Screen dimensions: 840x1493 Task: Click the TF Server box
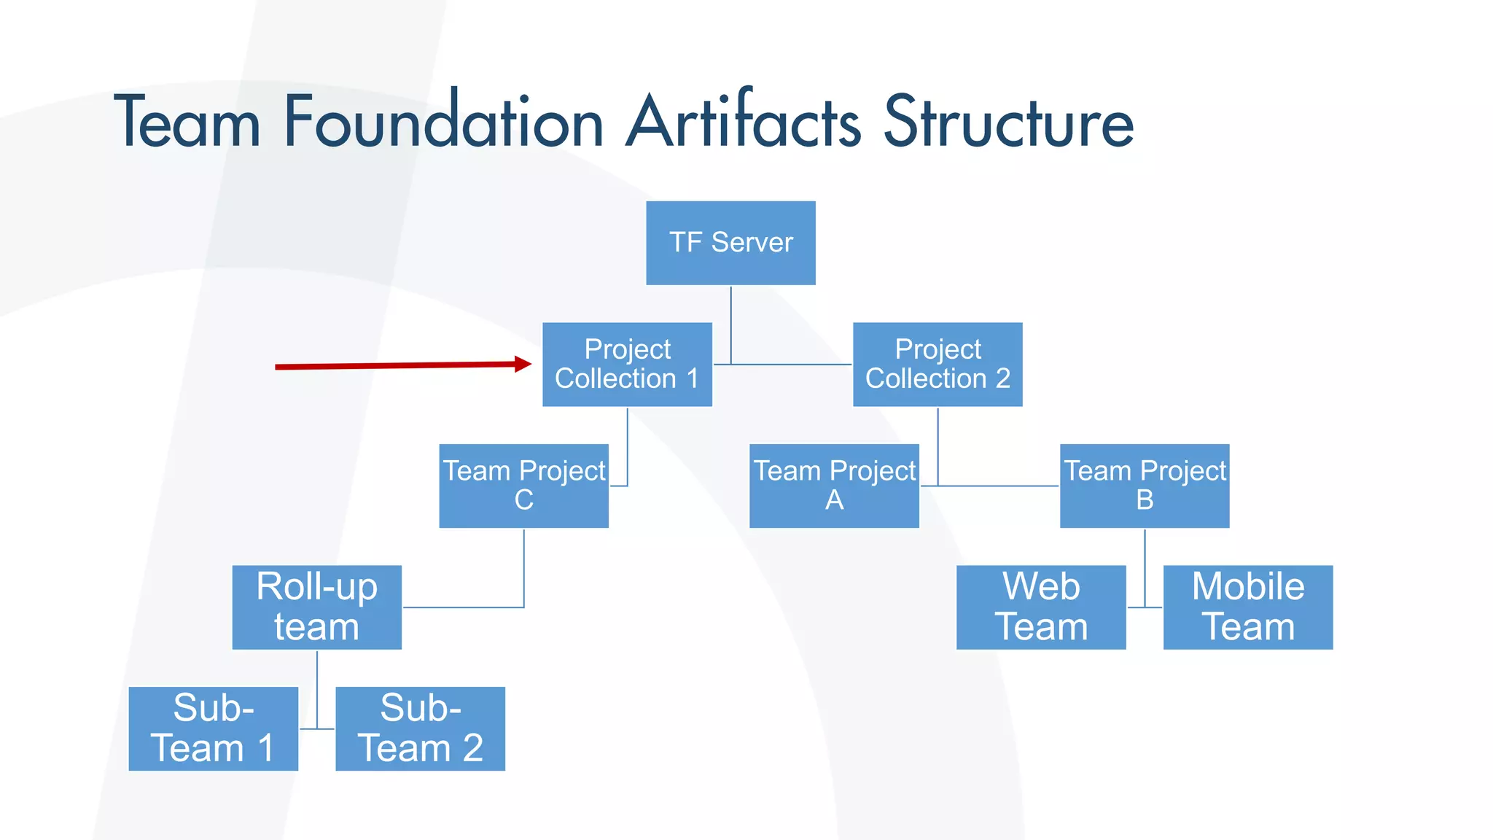coord(730,243)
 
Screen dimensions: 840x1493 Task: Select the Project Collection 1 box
coord(627,364)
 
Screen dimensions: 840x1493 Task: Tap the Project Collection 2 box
coord(937,364)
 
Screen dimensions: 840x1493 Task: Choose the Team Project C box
coord(523,486)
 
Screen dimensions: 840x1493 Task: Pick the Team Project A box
coord(834,486)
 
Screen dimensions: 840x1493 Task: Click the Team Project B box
coord(1145,486)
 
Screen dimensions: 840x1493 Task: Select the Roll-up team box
coord(316,607)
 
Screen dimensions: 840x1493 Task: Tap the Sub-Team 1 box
coord(213,728)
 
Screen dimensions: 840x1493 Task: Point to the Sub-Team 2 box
coord(420,728)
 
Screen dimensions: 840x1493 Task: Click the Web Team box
coord(1041,607)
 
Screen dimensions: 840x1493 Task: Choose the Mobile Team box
coord(1248,607)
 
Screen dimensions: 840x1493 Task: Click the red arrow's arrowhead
coord(523,364)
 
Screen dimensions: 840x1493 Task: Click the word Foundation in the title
coord(443,122)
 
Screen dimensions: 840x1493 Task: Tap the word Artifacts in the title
coord(744,122)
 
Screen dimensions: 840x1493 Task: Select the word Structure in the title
coord(1009,122)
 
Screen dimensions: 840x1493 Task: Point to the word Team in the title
coord(187,122)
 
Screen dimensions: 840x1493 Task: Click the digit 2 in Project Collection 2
coord(1003,378)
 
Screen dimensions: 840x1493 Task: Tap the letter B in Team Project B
coord(1145,500)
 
